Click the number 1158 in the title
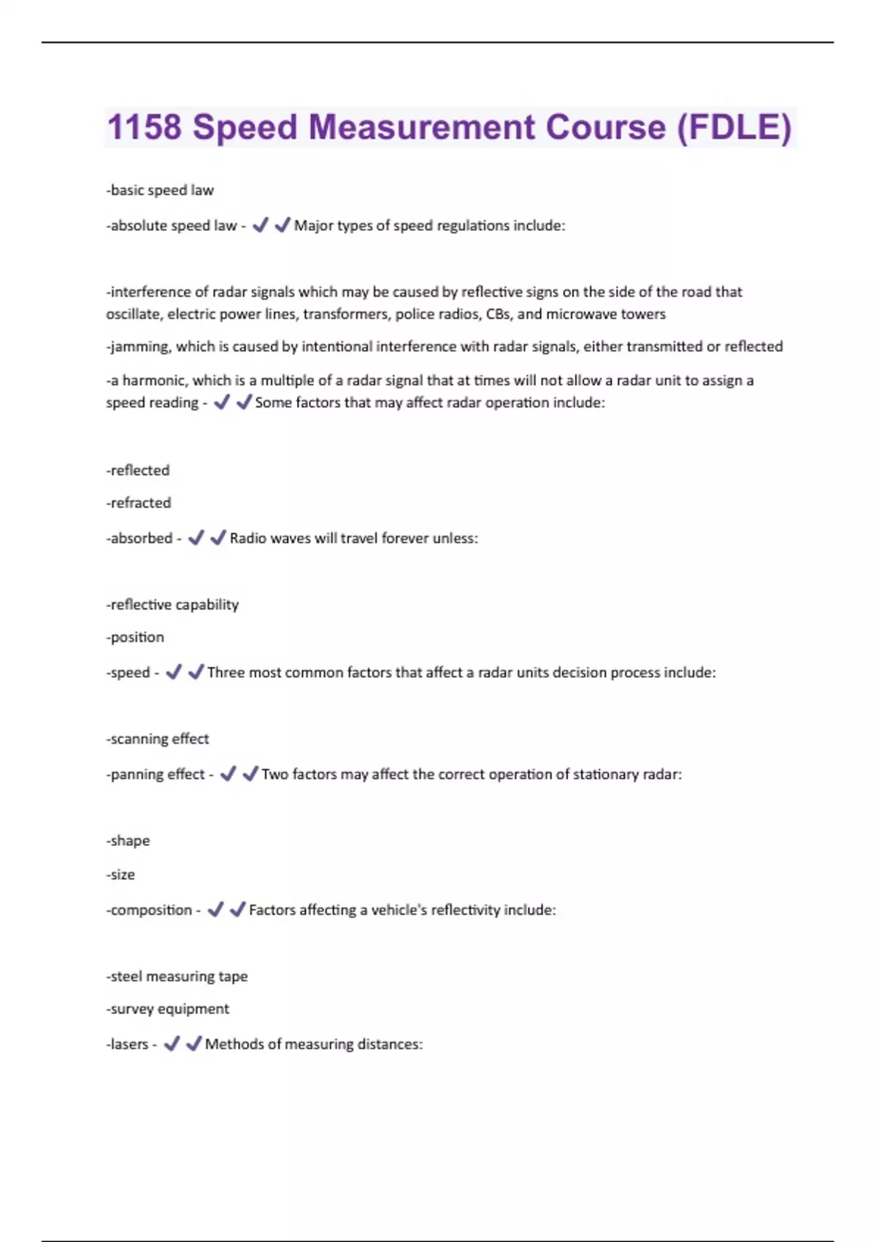click(x=144, y=127)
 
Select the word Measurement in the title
click(x=422, y=127)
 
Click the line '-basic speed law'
click(x=160, y=190)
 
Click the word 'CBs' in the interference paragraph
click(x=499, y=314)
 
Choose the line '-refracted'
click(x=139, y=503)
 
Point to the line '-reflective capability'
click(x=172, y=605)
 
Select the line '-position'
click(x=135, y=637)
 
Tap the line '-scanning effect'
click(x=158, y=739)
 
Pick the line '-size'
click(x=120, y=875)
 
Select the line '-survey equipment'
click(x=168, y=1009)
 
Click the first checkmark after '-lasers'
click(x=172, y=1044)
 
